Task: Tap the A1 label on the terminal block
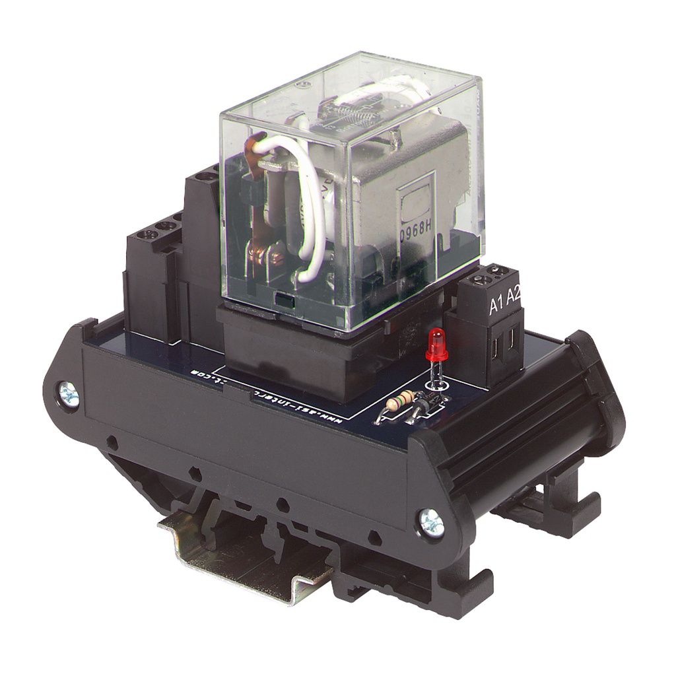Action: [496, 305]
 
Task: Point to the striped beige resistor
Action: [401, 400]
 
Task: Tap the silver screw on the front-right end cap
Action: [432, 523]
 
